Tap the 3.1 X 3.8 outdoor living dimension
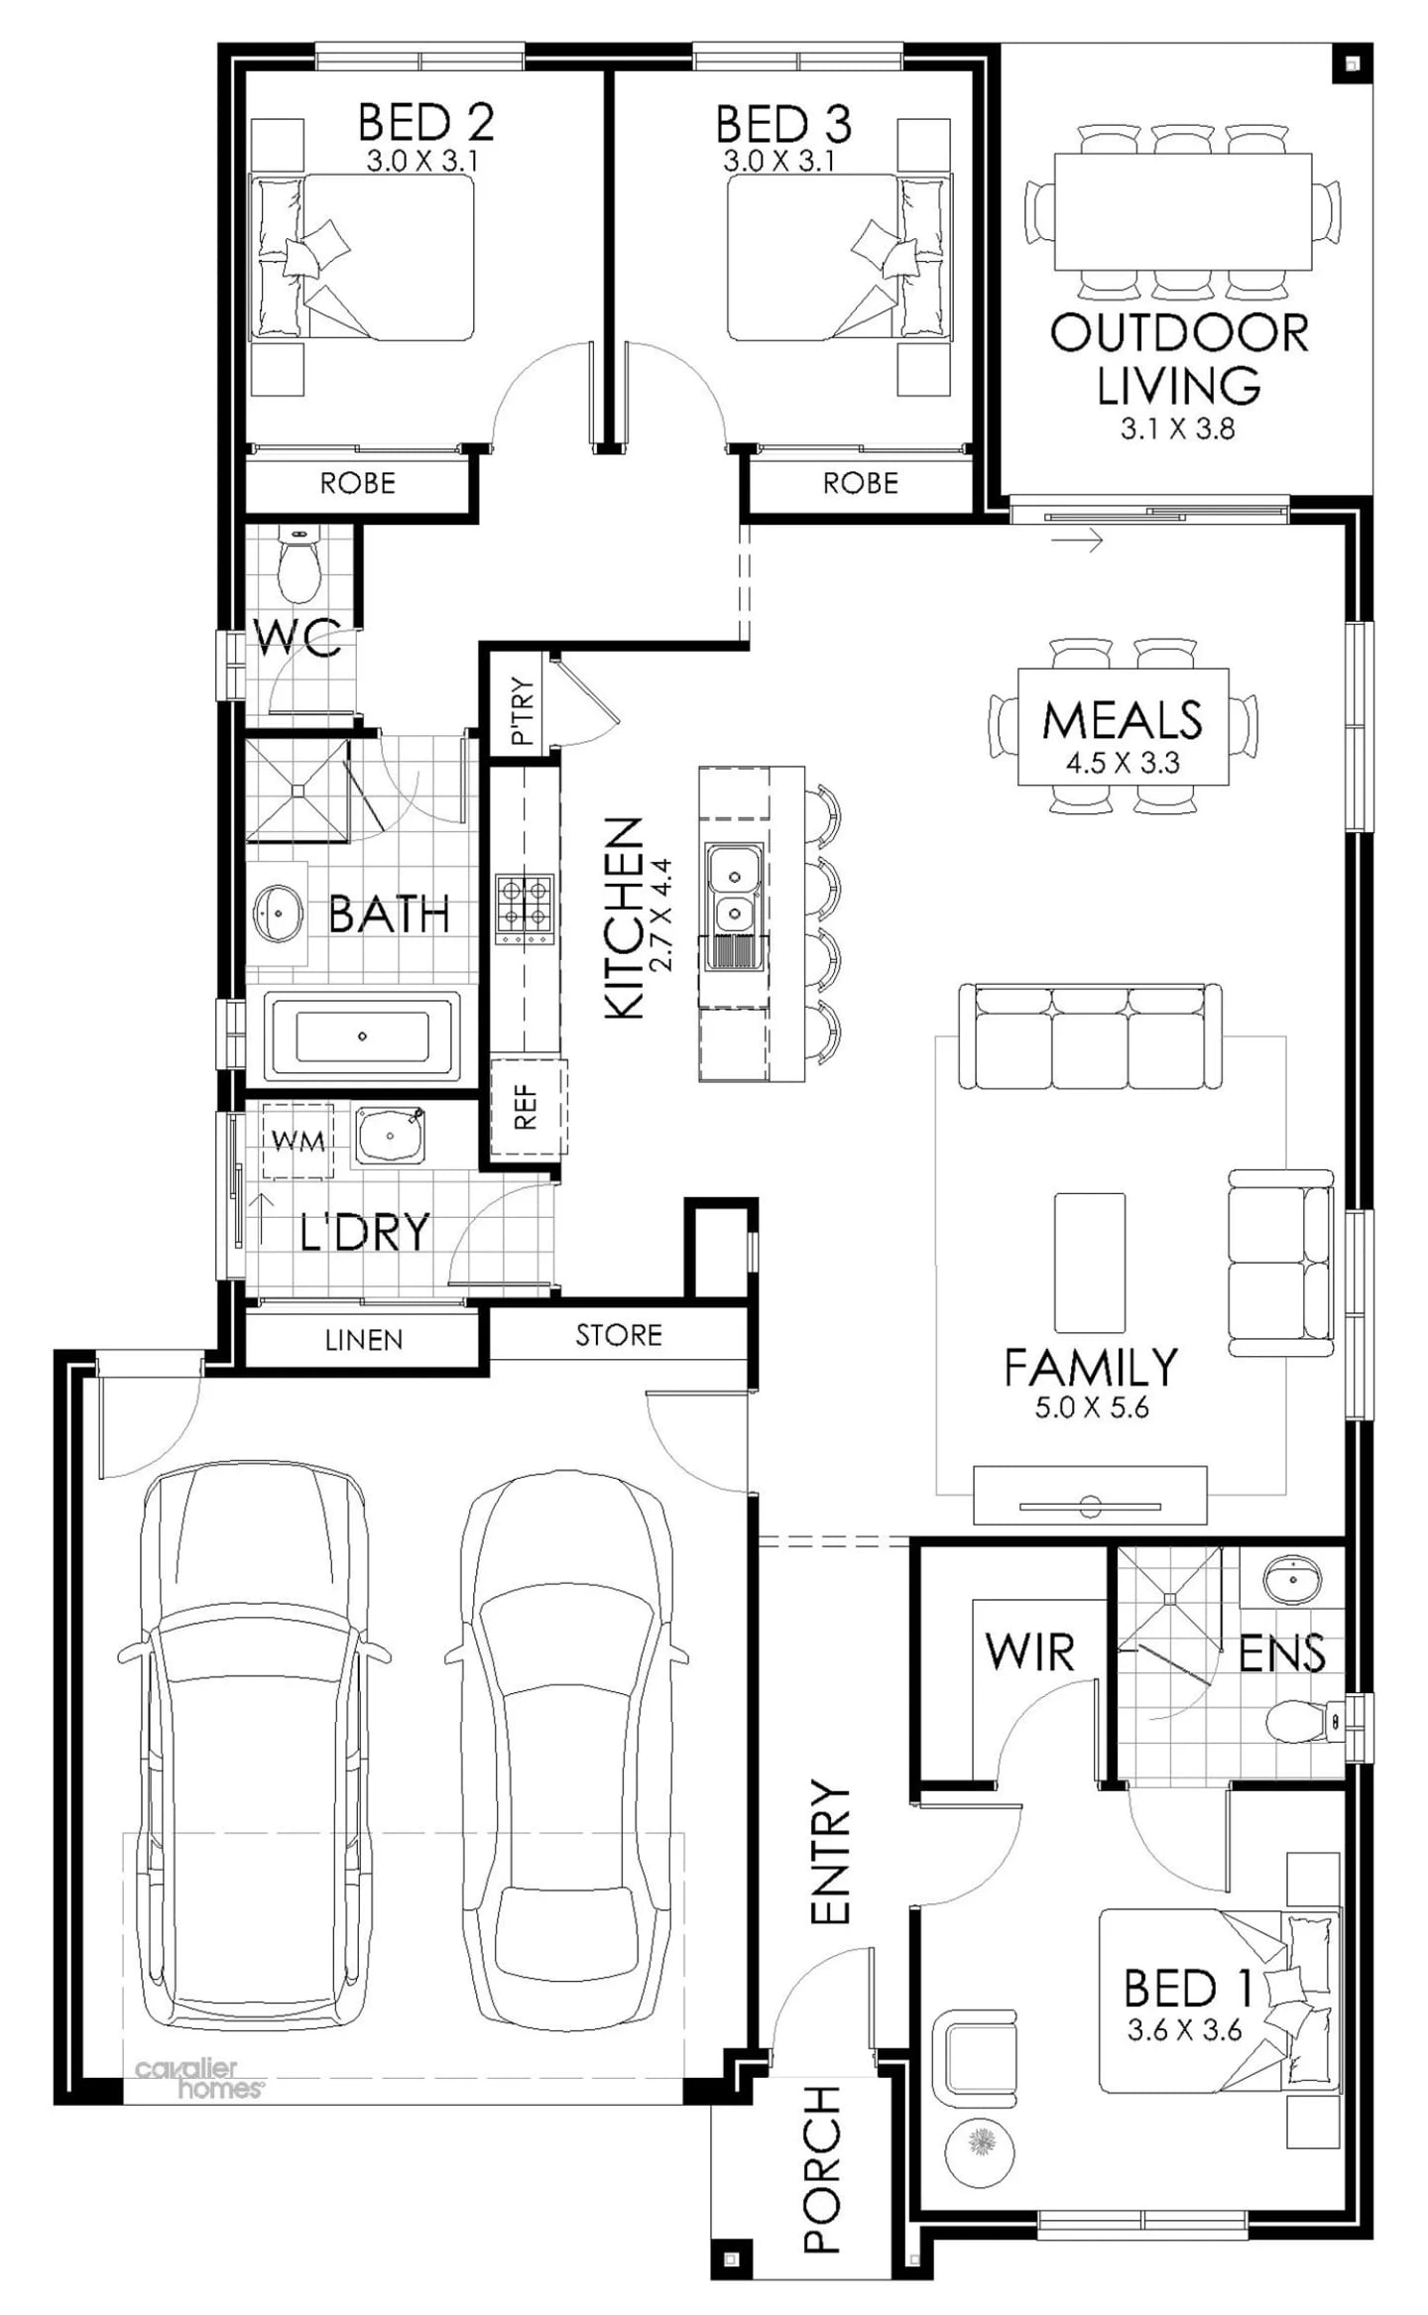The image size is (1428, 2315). tap(1177, 428)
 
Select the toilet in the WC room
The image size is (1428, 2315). tap(298, 569)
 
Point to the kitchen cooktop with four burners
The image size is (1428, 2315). tap(524, 908)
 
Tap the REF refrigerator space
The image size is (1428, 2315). tap(527, 1107)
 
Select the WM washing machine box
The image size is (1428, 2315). tap(297, 1141)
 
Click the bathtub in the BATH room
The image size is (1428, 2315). tap(362, 1036)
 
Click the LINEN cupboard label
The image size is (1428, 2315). tap(363, 1340)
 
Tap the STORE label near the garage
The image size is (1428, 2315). tap(618, 1334)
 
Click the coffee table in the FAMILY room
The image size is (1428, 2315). tap(1089, 1261)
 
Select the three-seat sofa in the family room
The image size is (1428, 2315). tap(1089, 1037)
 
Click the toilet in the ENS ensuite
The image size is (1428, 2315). tap(1295, 1721)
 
